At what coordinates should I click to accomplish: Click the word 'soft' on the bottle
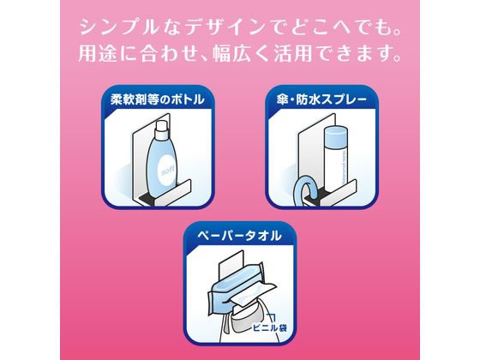tap(168, 171)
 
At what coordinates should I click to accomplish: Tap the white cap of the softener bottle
tap(161, 129)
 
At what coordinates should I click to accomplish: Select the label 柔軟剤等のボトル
tap(158, 99)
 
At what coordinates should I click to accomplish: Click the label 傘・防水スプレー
tap(321, 99)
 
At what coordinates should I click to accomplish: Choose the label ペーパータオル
tap(239, 236)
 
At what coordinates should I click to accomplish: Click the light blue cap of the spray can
tap(335, 136)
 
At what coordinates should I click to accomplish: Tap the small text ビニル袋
tap(270, 327)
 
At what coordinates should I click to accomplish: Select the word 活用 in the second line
tap(293, 53)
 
